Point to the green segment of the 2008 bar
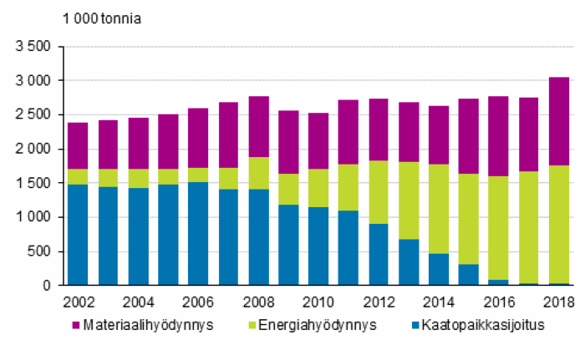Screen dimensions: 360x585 [x=258, y=173]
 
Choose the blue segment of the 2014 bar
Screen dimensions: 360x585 [x=439, y=269]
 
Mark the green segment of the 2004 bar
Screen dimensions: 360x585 [x=138, y=178]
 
